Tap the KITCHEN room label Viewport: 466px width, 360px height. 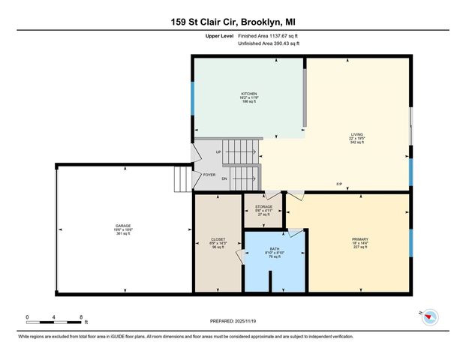[249, 94]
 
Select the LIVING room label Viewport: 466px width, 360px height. [356, 134]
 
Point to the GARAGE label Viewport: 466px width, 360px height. [123, 226]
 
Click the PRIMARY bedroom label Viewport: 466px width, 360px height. [359, 239]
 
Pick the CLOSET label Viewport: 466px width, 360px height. [218, 239]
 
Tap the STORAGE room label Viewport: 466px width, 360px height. [263, 206]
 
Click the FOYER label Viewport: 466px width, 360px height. [209, 175]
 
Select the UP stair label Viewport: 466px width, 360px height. [218, 152]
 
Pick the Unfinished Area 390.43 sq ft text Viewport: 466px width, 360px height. [269, 43]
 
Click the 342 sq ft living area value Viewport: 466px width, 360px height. [356, 142]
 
